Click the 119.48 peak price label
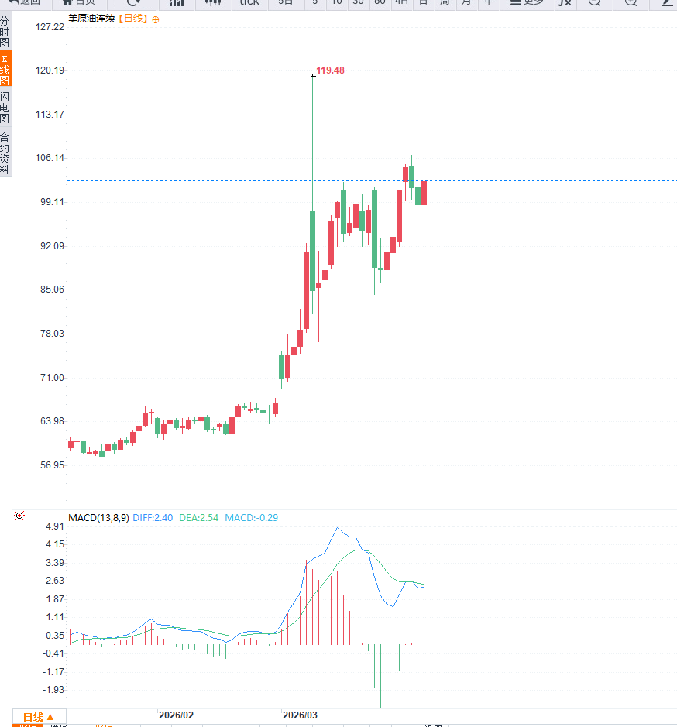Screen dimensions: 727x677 331,70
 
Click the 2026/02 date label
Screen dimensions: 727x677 176,715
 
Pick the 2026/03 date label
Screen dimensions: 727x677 300,715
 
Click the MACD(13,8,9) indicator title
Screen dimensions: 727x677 98,517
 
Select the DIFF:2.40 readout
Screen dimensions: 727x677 153,517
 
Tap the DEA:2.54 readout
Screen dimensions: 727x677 198,517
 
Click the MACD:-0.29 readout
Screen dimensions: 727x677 252,517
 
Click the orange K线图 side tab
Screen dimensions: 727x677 5,69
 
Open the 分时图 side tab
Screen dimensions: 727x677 5,31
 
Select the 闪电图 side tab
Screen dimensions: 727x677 5,107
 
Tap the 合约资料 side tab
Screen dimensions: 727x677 5,153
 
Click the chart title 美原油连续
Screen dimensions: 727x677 91,19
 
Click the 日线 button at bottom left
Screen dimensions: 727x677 38,717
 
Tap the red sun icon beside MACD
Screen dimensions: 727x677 19,516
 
